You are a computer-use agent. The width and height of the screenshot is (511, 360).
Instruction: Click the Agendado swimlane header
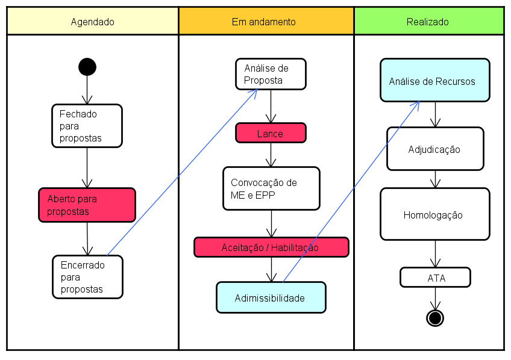92,22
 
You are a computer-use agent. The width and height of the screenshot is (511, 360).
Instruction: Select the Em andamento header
265,22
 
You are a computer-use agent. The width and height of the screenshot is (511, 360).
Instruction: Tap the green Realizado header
428,22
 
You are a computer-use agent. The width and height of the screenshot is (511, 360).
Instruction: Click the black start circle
87,67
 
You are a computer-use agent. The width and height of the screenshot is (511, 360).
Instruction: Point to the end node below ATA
434,317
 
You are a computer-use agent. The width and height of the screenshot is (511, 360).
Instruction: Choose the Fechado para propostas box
87,126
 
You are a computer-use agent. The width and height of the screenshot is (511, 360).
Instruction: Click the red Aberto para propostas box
87,205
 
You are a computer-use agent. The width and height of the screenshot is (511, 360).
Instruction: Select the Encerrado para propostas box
87,277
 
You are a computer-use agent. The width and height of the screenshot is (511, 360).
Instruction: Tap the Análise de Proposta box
271,74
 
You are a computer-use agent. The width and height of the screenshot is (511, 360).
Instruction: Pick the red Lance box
271,133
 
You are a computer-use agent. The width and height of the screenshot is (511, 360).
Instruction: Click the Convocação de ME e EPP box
271,188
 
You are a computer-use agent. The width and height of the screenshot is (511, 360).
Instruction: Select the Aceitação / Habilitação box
271,247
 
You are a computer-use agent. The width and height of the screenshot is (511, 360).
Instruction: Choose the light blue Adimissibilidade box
271,297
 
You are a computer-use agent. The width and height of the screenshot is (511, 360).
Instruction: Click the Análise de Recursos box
434,80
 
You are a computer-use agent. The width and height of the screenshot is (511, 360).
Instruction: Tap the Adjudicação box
435,149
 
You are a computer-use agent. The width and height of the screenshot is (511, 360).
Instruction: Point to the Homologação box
434,214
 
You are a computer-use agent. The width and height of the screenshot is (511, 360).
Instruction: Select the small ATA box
435,278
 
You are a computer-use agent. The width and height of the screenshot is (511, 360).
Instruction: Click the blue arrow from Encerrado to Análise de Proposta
181,173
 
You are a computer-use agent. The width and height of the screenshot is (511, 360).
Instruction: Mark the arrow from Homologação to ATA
435,253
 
